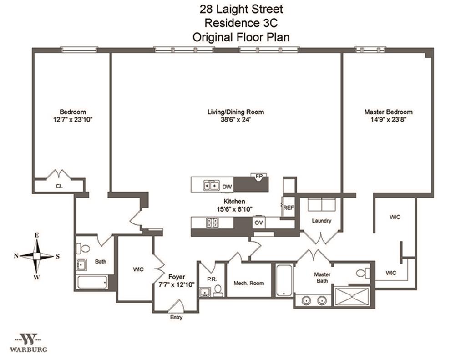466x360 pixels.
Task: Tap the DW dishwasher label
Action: click(x=227, y=186)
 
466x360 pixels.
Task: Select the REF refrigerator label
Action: click(x=289, y=208)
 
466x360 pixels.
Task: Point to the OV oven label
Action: click(x=258, y=223)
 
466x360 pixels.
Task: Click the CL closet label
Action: click(x=59, y=186)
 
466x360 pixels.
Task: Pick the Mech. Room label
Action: click(x=249, y=283)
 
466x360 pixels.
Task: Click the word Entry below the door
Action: click(x=176, y=317)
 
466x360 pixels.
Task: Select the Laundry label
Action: click(x=321, y=221)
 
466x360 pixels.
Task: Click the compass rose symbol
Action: click(x=37, y=256)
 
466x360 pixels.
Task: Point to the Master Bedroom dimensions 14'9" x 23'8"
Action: click(x=388, y=120)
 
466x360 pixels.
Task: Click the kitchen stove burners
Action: click(x=213, y=223)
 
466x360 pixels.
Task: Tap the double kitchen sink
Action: click(x=210, y=185)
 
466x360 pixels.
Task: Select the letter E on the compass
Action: click(x=37, y=235)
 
